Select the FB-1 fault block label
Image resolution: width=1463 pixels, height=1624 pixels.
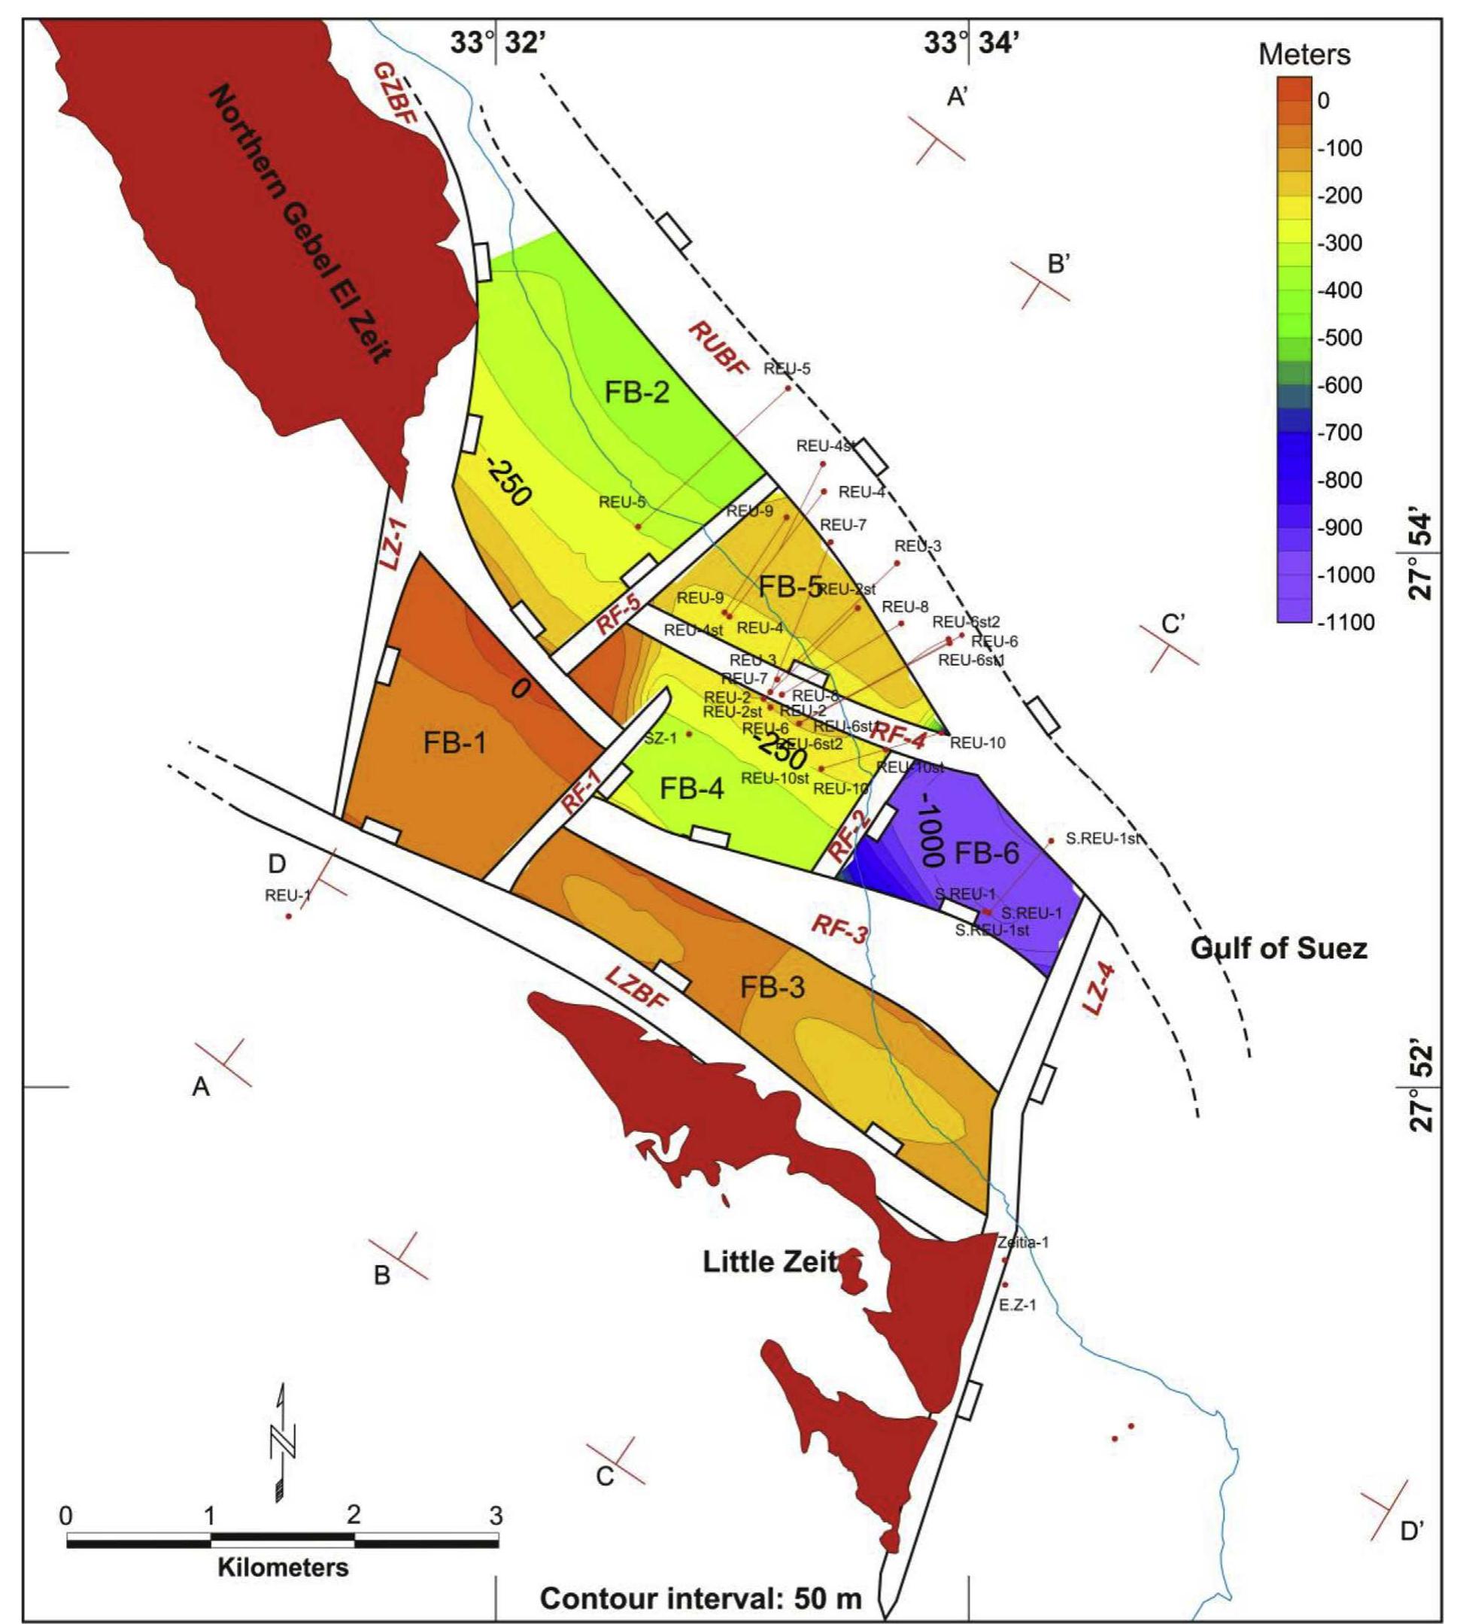pos(455,744)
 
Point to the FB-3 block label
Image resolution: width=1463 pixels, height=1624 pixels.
pos(772,988)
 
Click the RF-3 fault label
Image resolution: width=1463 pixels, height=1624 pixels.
pos(839,932)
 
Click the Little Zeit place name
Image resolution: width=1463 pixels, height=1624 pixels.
pos(770,1261)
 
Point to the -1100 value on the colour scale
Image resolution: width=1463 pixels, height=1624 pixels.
pos(1346,621)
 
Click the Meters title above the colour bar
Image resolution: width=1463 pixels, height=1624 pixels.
pos(1304,55)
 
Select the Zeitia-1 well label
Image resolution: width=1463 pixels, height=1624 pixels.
pos(1023,1242)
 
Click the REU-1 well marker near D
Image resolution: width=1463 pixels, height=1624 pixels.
pos(289,916)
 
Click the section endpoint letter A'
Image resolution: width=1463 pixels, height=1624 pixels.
pos(961,97)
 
